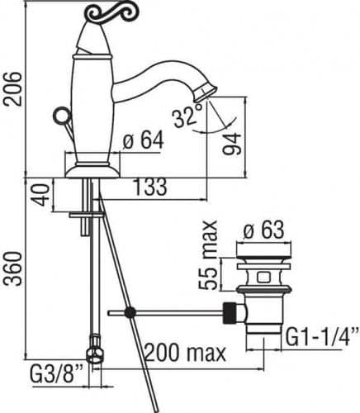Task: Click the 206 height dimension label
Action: point(12,88)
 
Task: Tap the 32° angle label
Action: point(188,117)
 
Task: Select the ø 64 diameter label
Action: point(144,140)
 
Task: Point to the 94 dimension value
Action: point(233,145)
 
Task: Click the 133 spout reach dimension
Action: point(150,187)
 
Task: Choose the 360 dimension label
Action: point(12,268)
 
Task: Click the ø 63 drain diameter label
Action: point(263,230)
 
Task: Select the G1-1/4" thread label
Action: point(322,336)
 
